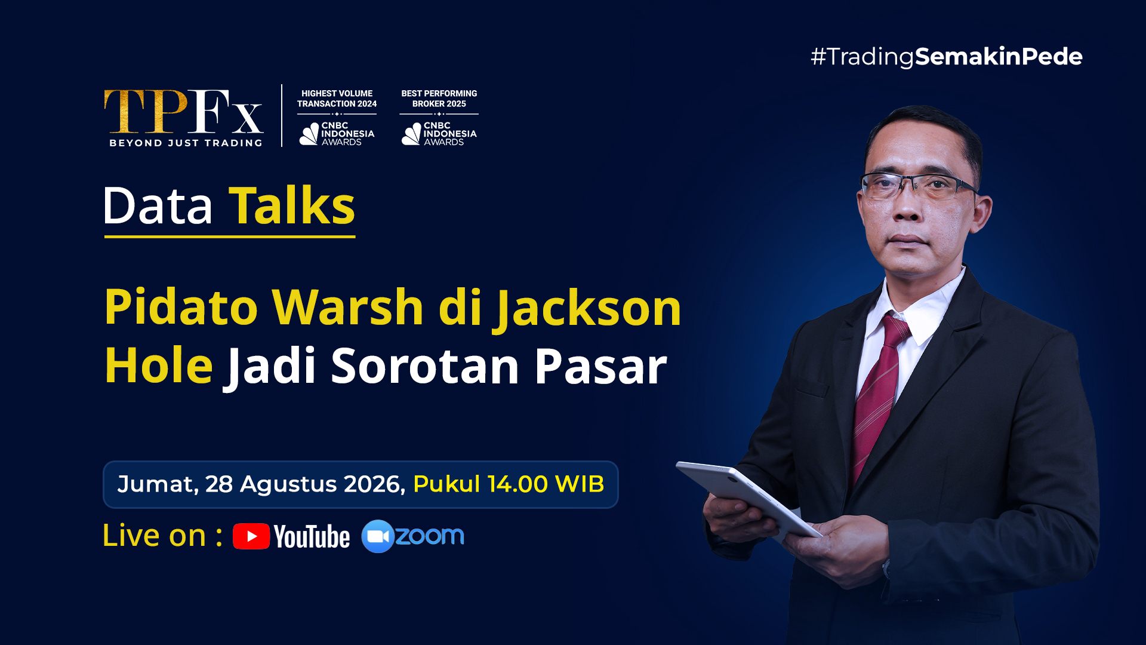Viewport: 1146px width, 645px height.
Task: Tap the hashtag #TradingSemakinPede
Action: click(x=946, y=57)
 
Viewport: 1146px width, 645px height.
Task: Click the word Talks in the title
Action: click(x=292, y=205)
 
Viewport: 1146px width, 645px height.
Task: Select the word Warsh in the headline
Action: click(x=347, y=307)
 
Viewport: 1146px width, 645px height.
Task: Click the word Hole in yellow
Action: click(x=159, y=365)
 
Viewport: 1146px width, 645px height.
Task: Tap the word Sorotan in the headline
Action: click(x=425, y=365)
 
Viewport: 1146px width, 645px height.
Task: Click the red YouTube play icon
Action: click(x=251, y=536)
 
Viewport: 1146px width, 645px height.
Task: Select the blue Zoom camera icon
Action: click(x=378, y=536)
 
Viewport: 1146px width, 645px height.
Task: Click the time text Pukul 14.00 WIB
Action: click(x=509, y=484)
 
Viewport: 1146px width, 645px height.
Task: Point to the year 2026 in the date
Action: click(x=374, y=484)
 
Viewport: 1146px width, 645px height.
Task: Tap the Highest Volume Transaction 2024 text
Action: click(x=337, y=99)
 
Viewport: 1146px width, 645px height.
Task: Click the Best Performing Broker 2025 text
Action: click(x=439, y=99)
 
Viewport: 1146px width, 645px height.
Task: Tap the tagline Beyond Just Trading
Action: click(x=186, y=143)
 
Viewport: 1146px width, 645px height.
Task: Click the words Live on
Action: click(x=154, y=535)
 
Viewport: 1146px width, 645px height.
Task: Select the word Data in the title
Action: click(x=158, y=206)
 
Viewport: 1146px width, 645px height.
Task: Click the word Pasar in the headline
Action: click(x=600, y=365)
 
